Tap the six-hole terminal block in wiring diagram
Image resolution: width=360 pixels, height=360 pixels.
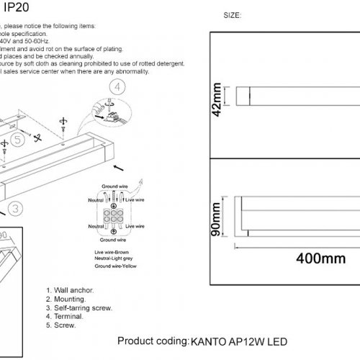tap(113, 217)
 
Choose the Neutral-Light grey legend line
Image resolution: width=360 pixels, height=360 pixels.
tap(115, 260)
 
